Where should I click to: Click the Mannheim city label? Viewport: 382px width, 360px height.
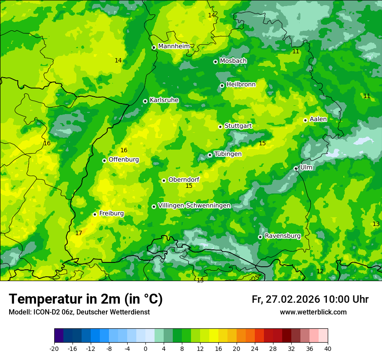pos(174,46)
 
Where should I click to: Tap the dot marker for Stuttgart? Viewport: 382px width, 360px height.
pos(220,127)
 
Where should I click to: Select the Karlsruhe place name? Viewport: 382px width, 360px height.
pos(164,100)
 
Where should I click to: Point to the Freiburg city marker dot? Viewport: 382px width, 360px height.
pos(95,214)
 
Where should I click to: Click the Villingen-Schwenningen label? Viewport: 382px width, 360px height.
pos(194,206)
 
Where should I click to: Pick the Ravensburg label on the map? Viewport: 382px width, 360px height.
pos(282,236)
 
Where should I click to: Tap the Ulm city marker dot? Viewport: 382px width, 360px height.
pos(296,169)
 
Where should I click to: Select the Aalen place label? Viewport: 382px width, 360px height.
pos(318,119)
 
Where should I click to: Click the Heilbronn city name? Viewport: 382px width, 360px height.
pos(241,85)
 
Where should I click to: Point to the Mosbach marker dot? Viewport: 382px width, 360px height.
pos(215,62)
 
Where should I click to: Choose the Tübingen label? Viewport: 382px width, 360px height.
pos(227,154)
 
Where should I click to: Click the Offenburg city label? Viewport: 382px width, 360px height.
pos(124,160)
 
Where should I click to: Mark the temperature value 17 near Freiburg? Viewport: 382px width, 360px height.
pos(79,233)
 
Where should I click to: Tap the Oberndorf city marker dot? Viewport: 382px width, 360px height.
pos(164,180)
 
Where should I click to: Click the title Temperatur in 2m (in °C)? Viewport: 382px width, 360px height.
pos(86,299)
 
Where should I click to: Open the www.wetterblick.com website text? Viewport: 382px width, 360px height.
pos(313,312)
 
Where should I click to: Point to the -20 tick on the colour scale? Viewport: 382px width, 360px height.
pos(54,348)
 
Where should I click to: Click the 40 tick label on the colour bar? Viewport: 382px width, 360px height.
pos(327,348)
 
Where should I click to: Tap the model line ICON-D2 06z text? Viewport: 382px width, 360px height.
pos(79,312)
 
